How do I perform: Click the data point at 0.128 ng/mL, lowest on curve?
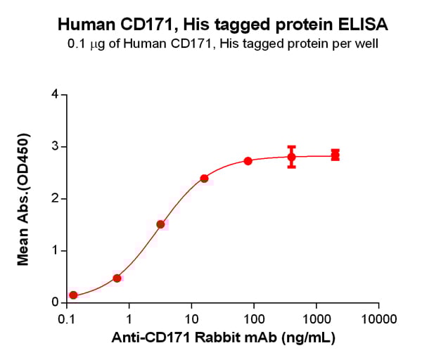coord(73,295)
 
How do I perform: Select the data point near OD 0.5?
coord(117,278)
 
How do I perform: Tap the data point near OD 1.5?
coord(160,224)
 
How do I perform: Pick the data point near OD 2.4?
coord(204,179)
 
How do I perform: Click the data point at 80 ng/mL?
coord(248,161)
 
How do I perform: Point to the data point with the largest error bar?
coord(291,157)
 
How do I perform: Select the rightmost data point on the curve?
coord(335,155)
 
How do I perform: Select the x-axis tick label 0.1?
coord(67,319)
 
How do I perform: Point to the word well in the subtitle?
coord(368,44)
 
